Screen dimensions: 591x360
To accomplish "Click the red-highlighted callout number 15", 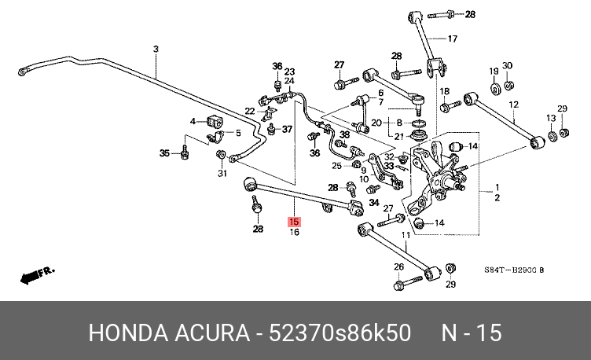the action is (294, 222).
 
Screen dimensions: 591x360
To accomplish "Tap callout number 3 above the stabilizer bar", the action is (156, 49).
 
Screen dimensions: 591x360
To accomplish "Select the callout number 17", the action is (453, 39).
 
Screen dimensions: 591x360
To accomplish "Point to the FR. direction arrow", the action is (37, 275).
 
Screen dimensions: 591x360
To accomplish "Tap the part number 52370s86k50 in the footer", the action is (340, 333).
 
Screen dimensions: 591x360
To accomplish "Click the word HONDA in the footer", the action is (128, 333).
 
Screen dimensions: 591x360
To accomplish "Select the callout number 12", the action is (513, 105).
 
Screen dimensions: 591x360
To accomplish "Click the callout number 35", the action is (164, 153).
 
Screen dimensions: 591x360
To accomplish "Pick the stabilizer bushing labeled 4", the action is (215, 120).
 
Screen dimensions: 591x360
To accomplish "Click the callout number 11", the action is (406, 235).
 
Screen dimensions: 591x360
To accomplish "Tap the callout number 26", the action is (398, 267).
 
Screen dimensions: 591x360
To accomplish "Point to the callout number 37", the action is (287, 129).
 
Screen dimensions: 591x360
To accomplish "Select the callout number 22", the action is (249, 111).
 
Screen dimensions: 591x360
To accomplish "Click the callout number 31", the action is (222, 174).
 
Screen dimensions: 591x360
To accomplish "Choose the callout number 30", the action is (508, 65).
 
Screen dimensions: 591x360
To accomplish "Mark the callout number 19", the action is (494, 71).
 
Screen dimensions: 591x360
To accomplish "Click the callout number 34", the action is (374, 203).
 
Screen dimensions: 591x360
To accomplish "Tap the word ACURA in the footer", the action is (212, 333).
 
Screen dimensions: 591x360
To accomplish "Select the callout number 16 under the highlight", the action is (295, 232).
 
